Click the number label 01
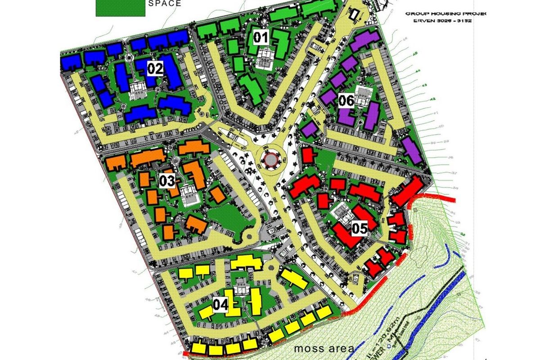coord(261,37)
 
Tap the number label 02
coord(154,69)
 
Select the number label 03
coord(166,181)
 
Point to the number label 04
coord(220,305)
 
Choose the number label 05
coord(360,228)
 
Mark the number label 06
coord(346,101)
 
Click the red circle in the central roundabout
coord(271,159)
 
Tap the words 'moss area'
coord(324,348)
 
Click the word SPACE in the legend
coord(165,4)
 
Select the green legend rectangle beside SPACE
coord(120,8)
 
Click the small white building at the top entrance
coord(354,15)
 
